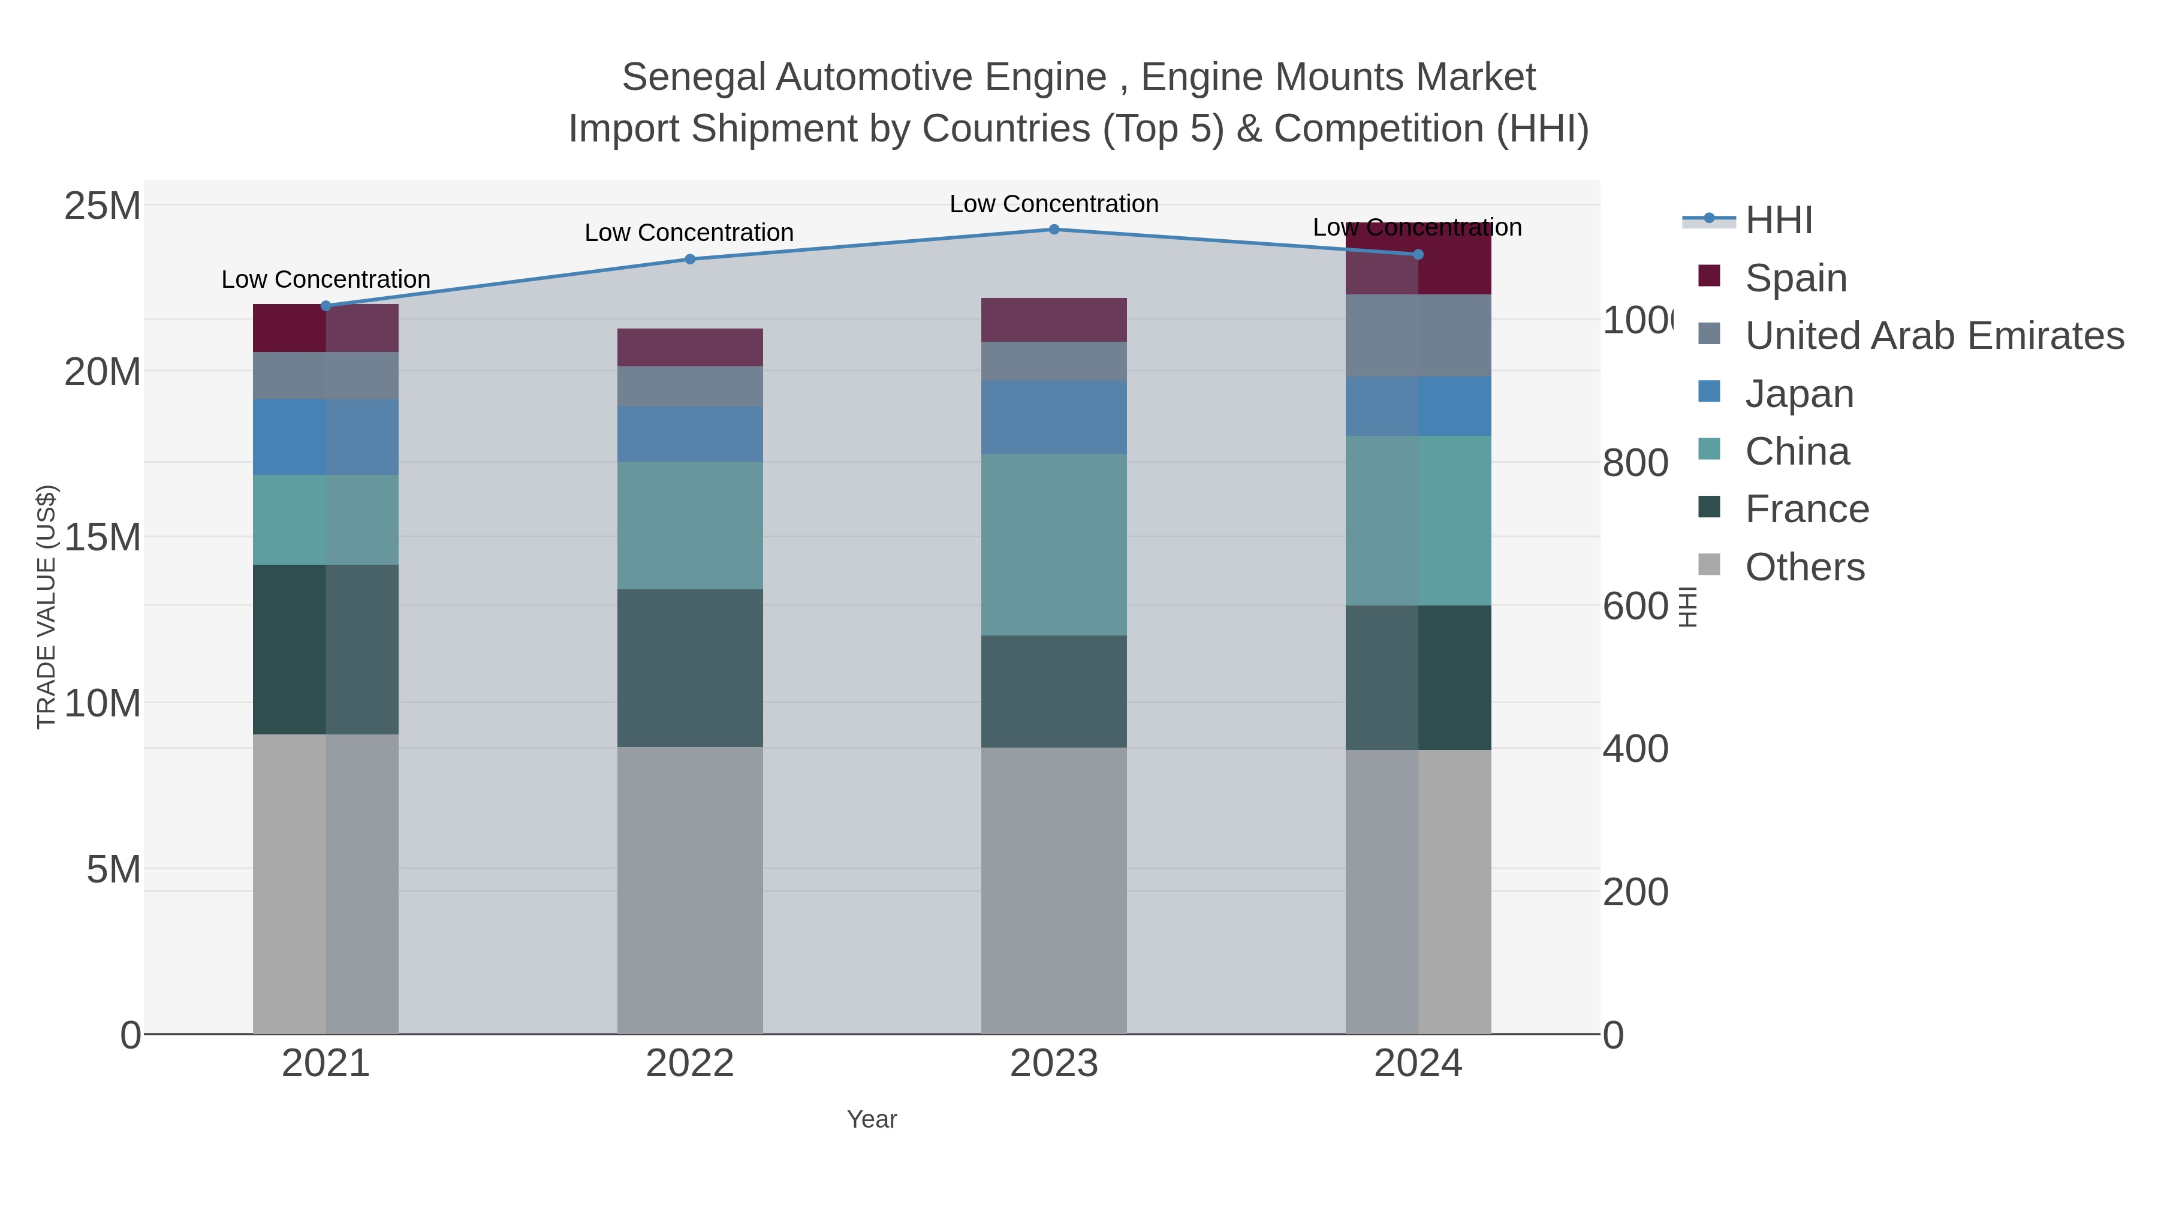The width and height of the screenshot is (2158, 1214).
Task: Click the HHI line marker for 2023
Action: [x=1054, y=230]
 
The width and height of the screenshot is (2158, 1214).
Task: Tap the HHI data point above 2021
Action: [x=326, y=306]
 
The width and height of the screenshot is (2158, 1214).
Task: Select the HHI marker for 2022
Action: [x=689, y=260]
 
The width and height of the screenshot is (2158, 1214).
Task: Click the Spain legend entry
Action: [x=1795, y=278]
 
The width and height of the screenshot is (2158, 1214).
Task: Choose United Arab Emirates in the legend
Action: [x=1933, y=335]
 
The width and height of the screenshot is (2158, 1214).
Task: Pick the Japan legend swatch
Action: [x=1709, y=392]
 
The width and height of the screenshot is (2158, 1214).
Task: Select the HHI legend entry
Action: [x=1778, y=221]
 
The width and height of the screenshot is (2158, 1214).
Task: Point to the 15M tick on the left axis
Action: [x=102, y=537]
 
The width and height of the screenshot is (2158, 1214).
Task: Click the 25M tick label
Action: [x=102, y=205]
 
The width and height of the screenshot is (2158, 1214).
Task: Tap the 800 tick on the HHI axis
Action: [x=1635, y=463]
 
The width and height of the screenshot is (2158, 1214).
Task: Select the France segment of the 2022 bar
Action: [x=689, y=668]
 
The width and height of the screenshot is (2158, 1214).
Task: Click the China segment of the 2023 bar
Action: [x=1054, y=544]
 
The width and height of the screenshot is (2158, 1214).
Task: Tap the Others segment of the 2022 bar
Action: [x=689, y=890]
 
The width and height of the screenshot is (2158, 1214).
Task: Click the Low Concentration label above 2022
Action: [x=689, y=233]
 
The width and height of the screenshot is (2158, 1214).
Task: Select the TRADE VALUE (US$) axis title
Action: [x=47, y=607]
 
